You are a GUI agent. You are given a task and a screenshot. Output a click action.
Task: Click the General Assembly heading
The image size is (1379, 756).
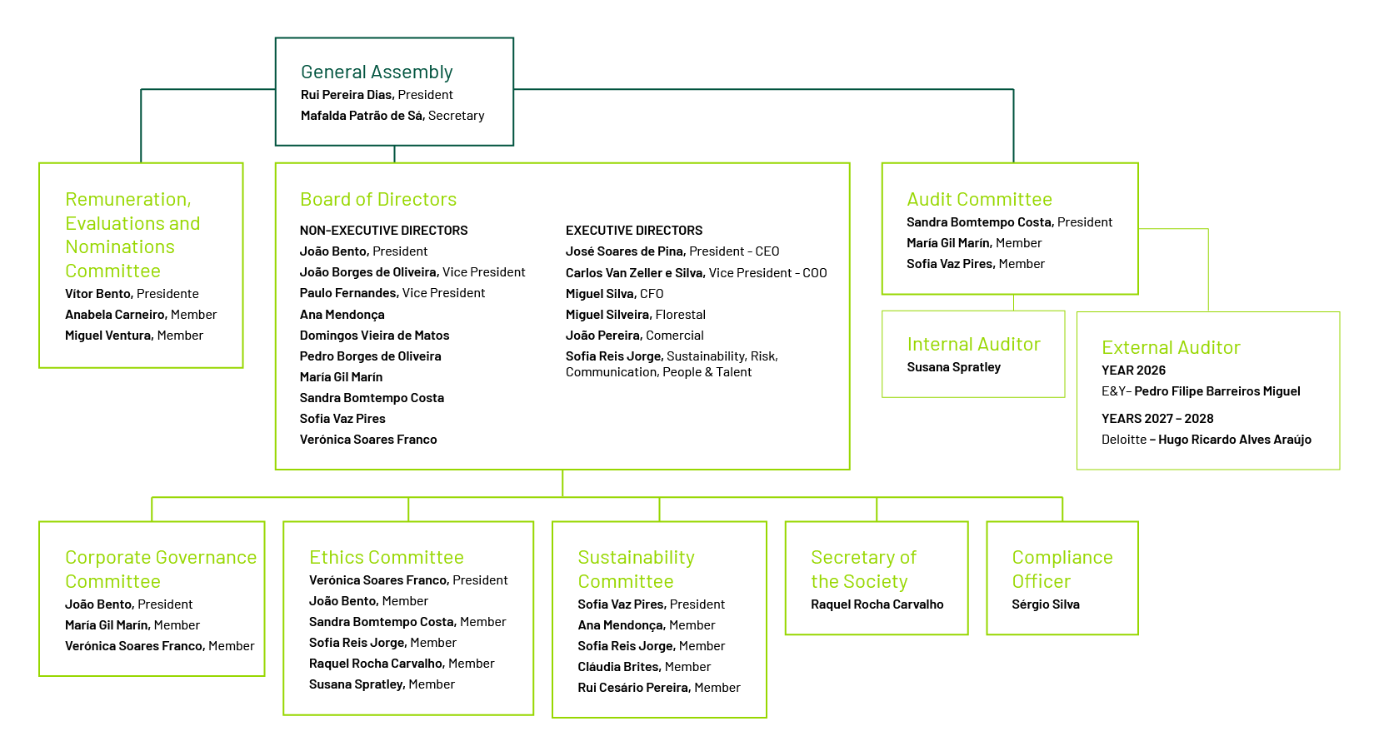(377, 72)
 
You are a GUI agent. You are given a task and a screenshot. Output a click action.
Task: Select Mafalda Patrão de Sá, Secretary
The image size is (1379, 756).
(392, 116)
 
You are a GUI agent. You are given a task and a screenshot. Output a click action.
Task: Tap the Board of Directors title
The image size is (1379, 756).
(378, 199)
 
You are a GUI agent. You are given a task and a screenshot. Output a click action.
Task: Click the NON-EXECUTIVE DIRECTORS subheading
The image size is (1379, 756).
(383, 230)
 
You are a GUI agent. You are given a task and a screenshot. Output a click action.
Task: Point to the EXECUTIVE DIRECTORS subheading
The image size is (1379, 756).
(634, 230)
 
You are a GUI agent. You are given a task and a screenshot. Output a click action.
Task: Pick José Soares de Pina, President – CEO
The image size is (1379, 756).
(672, 251)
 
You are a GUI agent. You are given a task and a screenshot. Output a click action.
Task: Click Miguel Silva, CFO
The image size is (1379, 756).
(614, 293)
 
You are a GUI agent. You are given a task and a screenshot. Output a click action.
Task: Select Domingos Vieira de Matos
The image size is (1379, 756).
(374, 336)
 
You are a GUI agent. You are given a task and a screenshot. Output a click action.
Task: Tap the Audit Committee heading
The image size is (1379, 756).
(979, 199)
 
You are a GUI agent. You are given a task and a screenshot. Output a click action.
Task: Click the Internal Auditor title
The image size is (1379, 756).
(974, 344)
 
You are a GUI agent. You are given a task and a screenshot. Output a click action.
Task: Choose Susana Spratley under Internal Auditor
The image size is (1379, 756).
(953, 367)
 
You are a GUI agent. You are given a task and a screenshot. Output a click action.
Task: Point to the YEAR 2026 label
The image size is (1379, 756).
(1133, 371)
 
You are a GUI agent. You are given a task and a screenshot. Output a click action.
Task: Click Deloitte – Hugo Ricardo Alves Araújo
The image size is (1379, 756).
(1206, 440)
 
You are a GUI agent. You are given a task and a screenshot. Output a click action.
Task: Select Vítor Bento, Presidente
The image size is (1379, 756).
(132, 293)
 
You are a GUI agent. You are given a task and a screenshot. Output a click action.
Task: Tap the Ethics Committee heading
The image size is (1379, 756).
(386, 557)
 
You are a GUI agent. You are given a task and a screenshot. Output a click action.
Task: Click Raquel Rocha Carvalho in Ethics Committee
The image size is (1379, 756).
(376, 663)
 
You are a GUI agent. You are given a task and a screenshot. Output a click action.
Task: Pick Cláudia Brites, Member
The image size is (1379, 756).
(644, 666)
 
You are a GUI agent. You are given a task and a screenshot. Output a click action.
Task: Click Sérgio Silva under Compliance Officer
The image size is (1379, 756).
(1046, 604)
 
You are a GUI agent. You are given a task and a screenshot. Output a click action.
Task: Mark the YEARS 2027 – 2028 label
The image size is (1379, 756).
(1157, 418)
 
